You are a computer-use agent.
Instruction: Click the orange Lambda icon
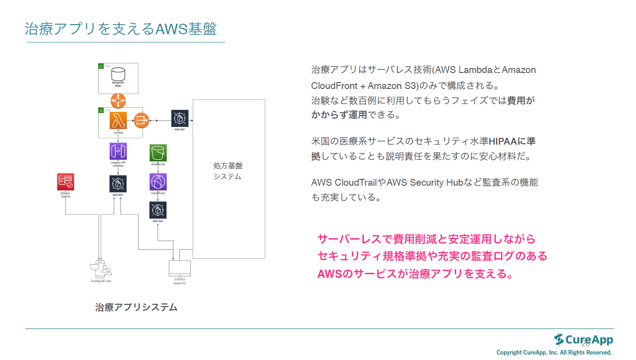[118, 120]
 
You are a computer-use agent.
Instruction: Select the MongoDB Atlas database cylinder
[118, 74]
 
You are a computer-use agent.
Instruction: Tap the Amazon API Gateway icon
[118, 151]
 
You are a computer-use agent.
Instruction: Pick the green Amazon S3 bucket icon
[158, 153]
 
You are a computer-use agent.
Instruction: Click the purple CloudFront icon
[158, 182]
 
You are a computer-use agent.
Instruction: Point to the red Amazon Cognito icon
[65, 182]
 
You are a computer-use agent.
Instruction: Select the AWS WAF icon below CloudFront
[158, 210]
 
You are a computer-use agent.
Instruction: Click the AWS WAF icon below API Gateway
[118, 184]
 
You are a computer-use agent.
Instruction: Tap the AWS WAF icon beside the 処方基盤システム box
[180, 119]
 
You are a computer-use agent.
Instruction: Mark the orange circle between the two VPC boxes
[118, 99]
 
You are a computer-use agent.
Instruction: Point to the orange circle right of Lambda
[142, 120]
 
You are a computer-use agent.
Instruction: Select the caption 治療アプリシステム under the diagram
[136, 307]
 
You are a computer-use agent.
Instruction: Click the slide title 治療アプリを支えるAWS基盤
[121, 28]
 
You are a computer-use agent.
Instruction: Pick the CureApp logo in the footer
[583, 340]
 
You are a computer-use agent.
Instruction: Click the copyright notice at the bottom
[554, 353]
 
